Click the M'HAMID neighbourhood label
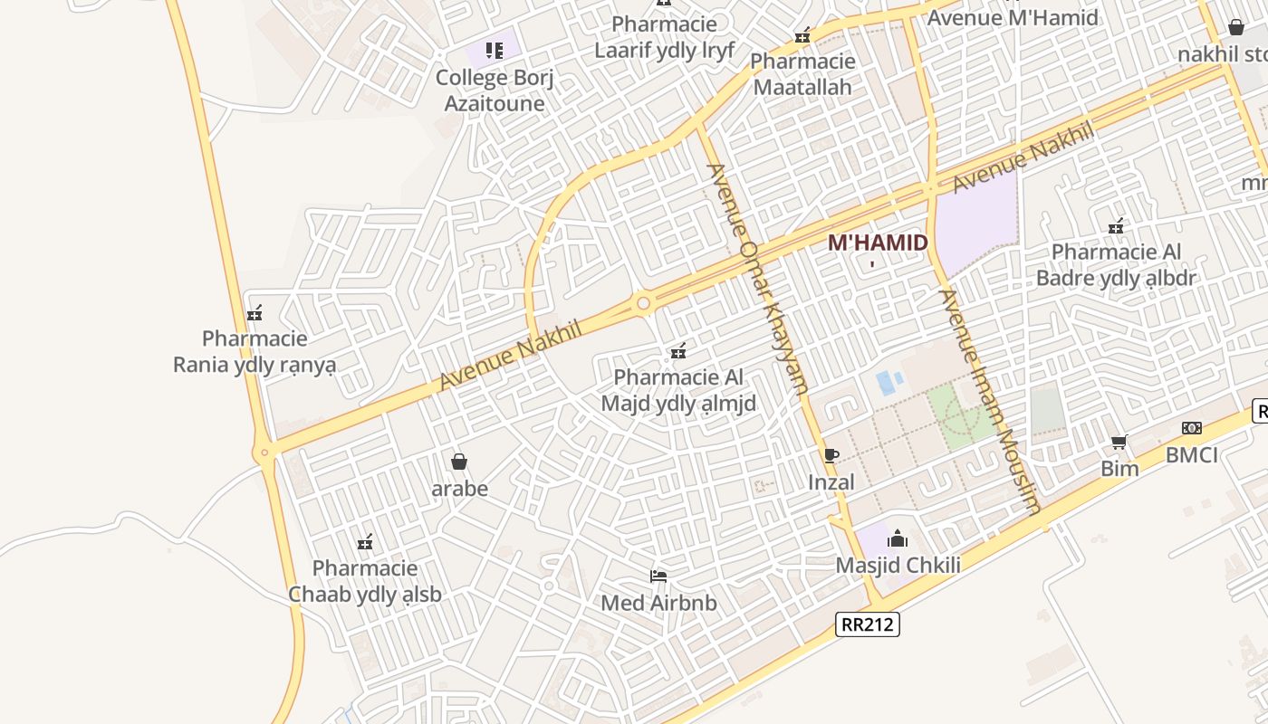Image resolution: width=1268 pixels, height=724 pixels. pyautogui.click(x=878, y=243)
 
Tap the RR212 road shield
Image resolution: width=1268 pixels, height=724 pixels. pyautogui.click(x=868, y=624)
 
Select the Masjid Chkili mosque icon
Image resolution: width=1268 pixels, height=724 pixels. pyautogui.click(x=898, y=539)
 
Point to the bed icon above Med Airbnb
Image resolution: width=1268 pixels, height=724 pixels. pyautogui.click(x=658, y=576)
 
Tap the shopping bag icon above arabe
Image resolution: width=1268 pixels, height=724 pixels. pyautogui.click(x=459, y=462)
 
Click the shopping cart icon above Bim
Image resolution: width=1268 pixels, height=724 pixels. pyautogui.click(x=1119, y=442)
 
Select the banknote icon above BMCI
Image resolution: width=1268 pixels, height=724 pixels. pyautogui.click(x=1191, y=428)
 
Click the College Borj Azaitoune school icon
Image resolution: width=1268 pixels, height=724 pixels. pyautogui.click(x=494, y=50)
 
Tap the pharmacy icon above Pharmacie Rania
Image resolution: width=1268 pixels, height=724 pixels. pyautogui.click(x=255, y=313)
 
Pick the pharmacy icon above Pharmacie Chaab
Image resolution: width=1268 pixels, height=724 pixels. pyautogui.click(x=365, y=542)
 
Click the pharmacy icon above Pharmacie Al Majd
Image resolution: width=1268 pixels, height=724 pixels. pyautogui.click(x=677, y=351)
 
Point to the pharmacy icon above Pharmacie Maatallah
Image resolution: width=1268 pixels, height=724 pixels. pyautogui.click(x=802, y=35)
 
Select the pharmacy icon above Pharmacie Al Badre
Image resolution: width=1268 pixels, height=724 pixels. pyautogui.click(x=1116, y=225)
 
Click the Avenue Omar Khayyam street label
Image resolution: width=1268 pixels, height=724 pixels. pyautogui.click(x=757, y=279)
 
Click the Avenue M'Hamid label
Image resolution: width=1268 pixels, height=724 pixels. pyautogui.click(x=1013, y=17)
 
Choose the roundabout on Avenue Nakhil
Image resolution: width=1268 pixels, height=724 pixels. pyautogui.click(x=643, y=303)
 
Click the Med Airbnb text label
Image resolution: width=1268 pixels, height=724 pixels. pyautogui.click(x=658, y=603)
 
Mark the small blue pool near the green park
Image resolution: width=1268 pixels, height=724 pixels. pyautogui.click(x=885, y=383)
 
